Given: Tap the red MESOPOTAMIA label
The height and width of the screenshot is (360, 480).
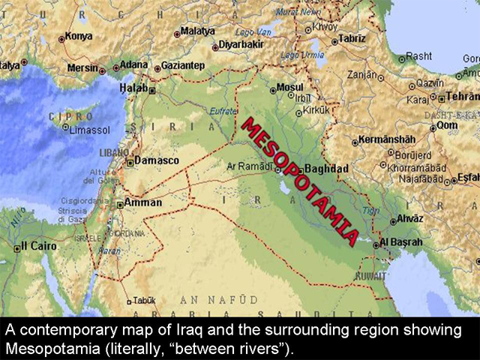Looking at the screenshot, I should (x=299, y=180).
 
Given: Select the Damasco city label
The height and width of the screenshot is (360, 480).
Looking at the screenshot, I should (x=157, y=160).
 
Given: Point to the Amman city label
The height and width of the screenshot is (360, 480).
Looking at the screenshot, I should (x=142, y=202).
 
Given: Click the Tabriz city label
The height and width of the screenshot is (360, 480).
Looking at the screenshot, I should (x=352, y=38).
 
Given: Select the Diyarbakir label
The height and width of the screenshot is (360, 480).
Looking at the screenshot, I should (x=241, y=44).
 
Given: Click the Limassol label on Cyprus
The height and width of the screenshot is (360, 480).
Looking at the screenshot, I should (x=89, y=130).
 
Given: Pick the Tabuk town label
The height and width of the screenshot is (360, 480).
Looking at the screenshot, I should (x=145, y=299).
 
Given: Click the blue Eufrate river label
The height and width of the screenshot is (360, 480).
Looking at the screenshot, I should (x=223, y=111).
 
